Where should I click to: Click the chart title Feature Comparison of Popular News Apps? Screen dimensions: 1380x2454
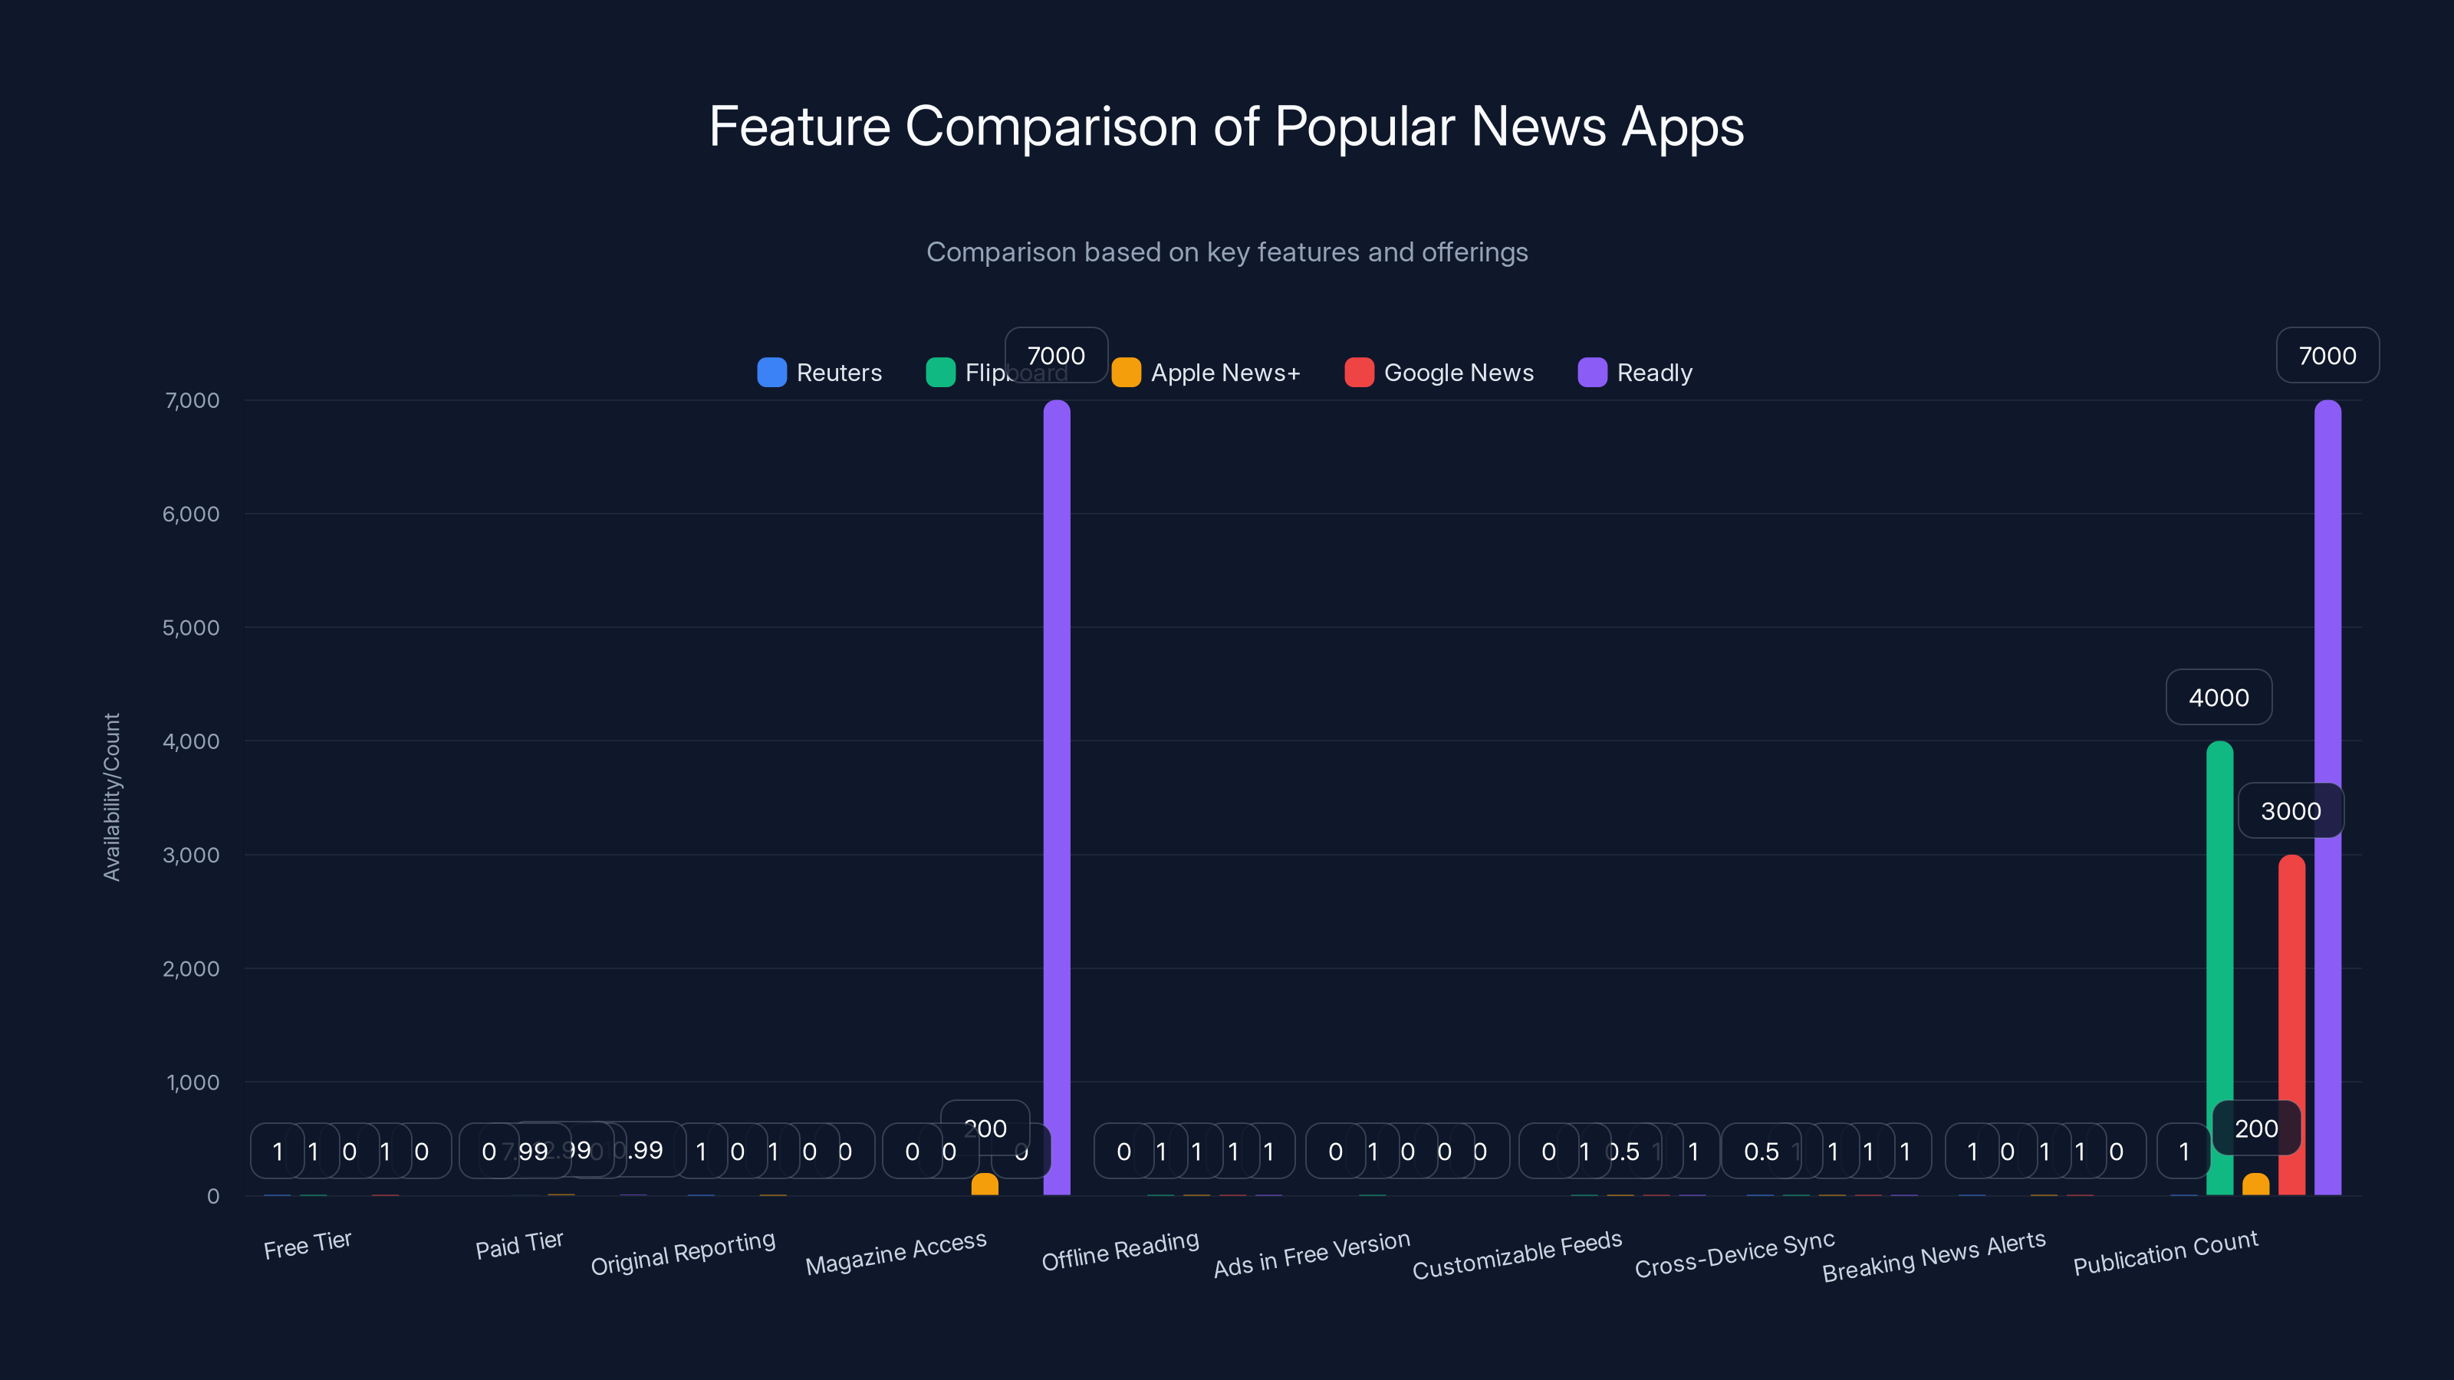1226,127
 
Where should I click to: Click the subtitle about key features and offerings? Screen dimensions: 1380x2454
1226,252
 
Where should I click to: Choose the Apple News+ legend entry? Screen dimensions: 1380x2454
1206,373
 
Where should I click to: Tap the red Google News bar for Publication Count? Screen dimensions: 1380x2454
2291,1029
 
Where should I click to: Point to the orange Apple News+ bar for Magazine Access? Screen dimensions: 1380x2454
984,1184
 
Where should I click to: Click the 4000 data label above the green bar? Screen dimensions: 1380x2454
2219,697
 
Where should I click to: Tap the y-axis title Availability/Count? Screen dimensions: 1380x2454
111,797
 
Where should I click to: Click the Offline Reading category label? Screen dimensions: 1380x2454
1120,1250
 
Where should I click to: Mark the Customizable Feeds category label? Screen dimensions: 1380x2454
1517,1255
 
